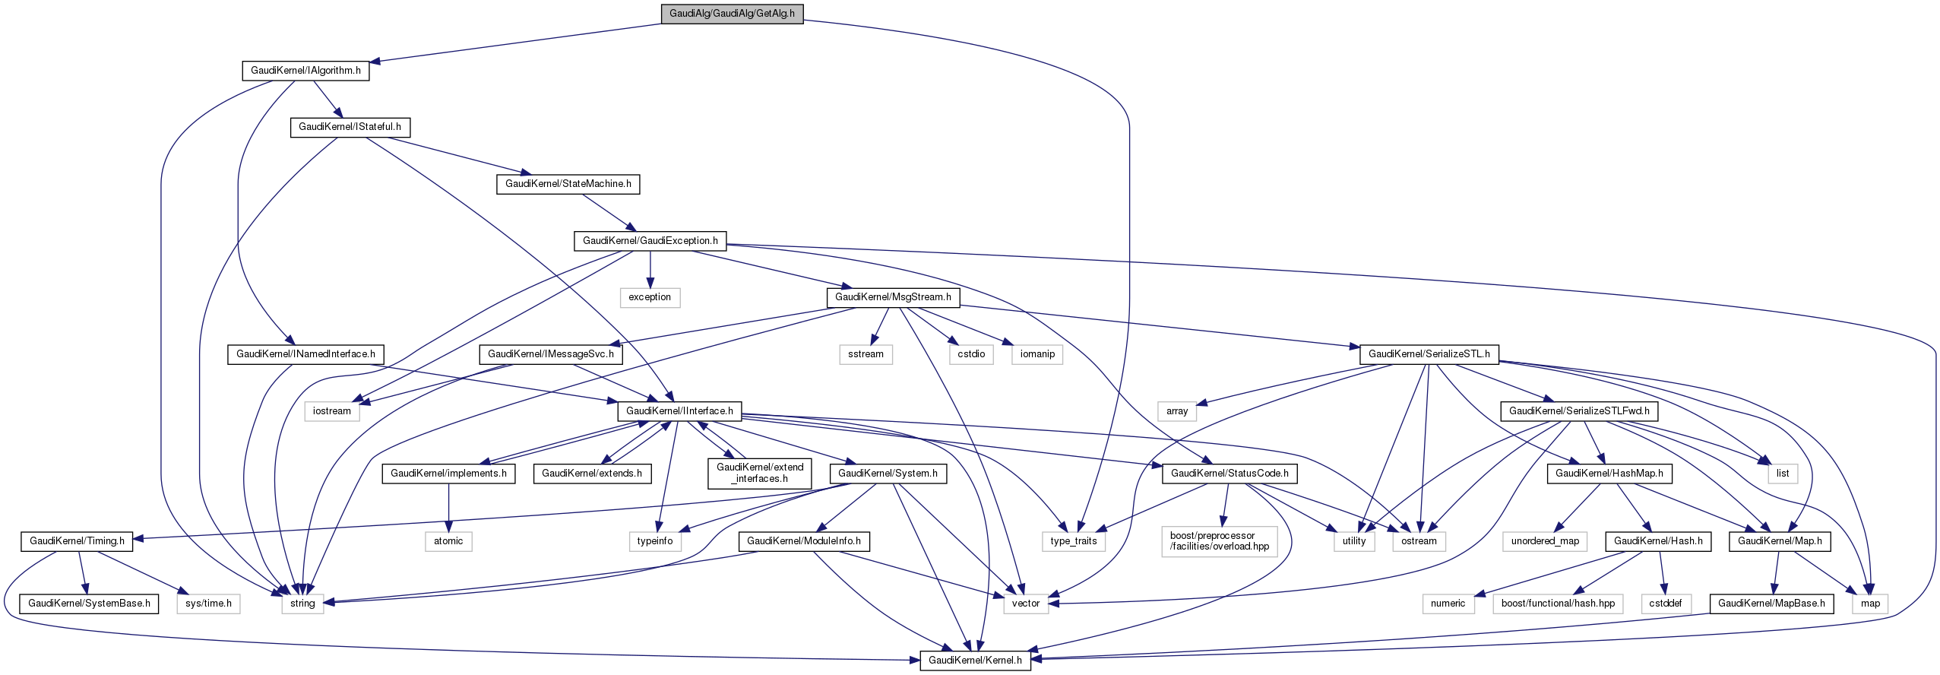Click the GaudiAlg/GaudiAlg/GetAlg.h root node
pos(732,14)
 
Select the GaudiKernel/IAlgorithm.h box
pos(305,71)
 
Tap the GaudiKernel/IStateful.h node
pos(350,127)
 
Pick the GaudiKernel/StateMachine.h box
pos(568,184)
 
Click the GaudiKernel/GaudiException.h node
pos(650,241)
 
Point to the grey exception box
pos(650,297)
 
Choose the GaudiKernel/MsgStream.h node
pos(893,297)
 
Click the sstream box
pos(866,354)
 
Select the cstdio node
pos(971,354)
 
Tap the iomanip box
pos(1037,354)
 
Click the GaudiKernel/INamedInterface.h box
pos(305,354)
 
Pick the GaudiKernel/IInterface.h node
pos(679,411)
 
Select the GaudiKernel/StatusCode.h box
pos(1230,474)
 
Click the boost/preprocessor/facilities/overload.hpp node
pos(1220,541)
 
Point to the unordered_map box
pos(1545,541)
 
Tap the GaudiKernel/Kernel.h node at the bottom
pos(975,660)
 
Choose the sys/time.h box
pos(209,604)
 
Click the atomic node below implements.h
pos(448,541)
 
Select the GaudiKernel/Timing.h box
pos(77,541)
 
